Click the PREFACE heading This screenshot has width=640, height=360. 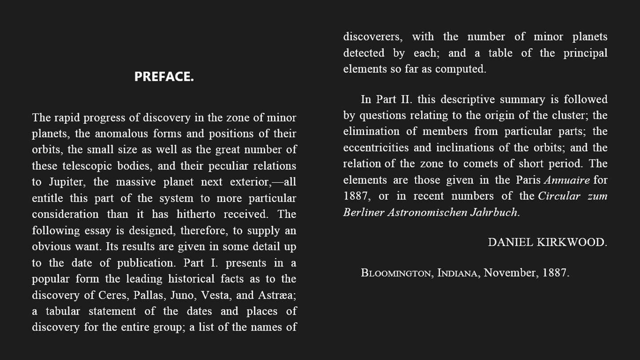(164, 76)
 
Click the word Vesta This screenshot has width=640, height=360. (216, 295)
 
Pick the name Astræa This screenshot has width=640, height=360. (276, 295)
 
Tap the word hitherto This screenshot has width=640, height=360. (196, 214)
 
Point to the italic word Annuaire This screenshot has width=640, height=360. (567, 180)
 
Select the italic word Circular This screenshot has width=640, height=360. (559, 196)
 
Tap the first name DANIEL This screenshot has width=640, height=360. (510, 242)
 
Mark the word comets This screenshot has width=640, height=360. (481, 164)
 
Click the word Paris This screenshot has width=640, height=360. (528, 180)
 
